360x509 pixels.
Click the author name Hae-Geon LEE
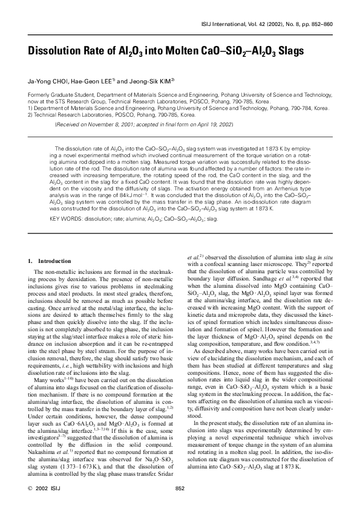(93, 80)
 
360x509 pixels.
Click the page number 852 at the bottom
(179, 488)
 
